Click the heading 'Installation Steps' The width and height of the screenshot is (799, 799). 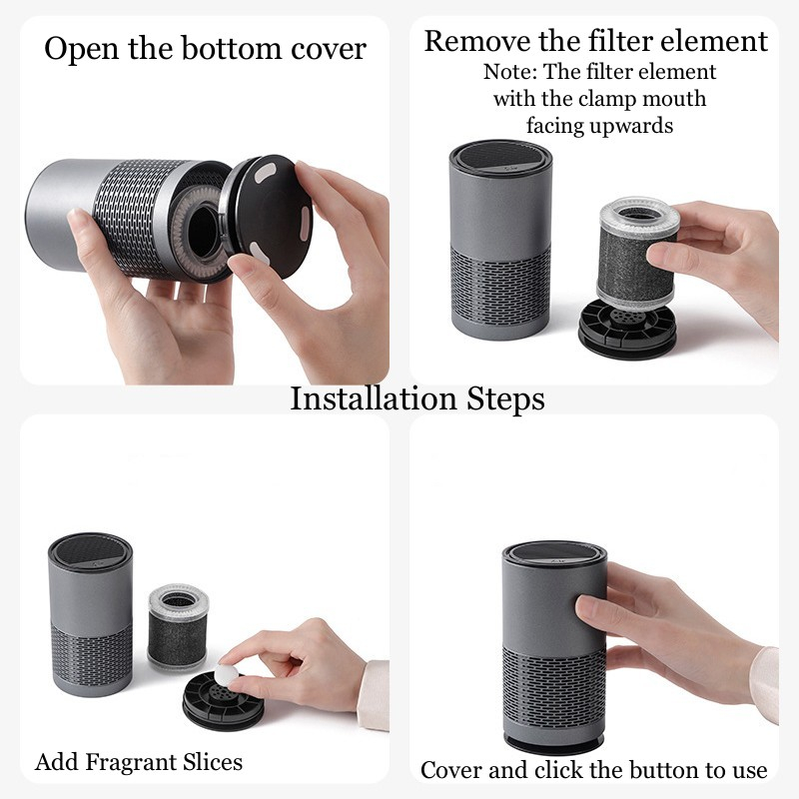tap(416, 399)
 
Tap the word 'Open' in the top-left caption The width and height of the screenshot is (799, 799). tap(82, 49)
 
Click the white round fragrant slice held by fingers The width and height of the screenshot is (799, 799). tap(227, 675)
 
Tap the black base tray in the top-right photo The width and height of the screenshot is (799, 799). tap(627, 328)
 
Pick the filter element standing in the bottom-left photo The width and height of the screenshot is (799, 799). tap(178, 627)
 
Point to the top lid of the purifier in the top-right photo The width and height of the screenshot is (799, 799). tap(501, 158)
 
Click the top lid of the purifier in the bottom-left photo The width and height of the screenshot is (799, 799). tap(90, 551)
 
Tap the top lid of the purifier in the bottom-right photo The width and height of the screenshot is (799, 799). tap(554, 558)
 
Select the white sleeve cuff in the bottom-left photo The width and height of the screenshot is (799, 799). tap(374, 695)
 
